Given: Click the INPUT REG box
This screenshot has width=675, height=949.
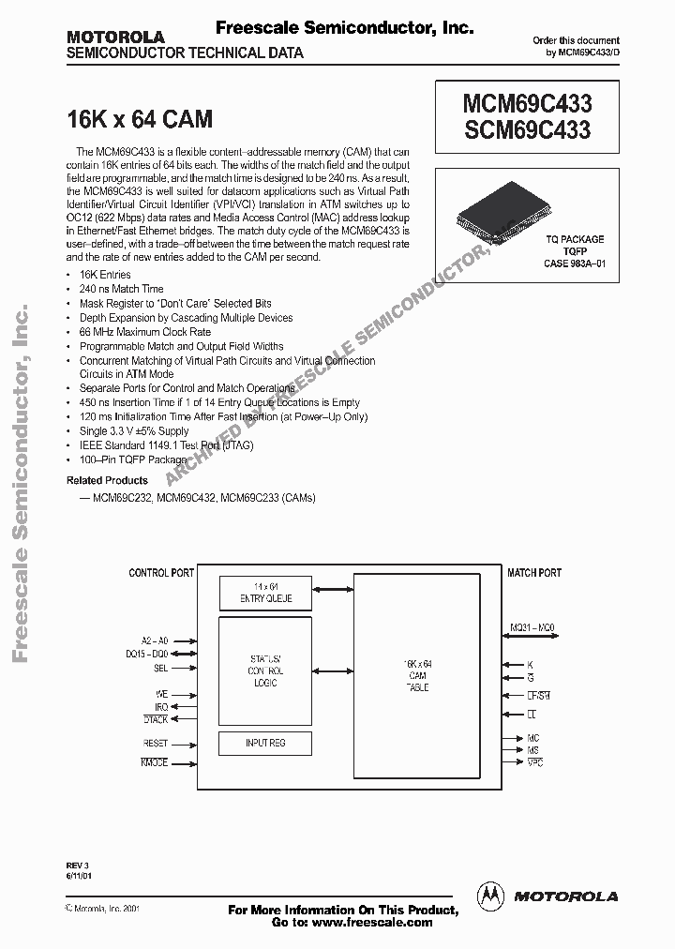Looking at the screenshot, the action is (x=265, y=743).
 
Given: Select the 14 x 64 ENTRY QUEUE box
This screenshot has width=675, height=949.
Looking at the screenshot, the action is (x=265, y=593).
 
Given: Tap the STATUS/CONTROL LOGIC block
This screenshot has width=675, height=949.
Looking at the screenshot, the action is (x=265, y=665).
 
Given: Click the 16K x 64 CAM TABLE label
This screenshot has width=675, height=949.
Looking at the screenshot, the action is (x=417, y=675).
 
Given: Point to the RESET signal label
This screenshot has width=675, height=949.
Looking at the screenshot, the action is (x=155, y=743).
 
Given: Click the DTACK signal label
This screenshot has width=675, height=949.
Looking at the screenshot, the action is (x=155, y=719).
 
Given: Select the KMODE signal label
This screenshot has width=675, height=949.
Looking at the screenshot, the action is (x=154, y=763).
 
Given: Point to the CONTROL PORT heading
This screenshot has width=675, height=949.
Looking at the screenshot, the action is (x=162, y=572).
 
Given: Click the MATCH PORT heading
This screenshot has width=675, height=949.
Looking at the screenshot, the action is (x=534, y=572).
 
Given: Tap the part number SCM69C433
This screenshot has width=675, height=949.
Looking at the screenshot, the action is (x=528, y=131).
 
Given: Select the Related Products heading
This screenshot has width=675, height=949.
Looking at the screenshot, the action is (x=107, y=480).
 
